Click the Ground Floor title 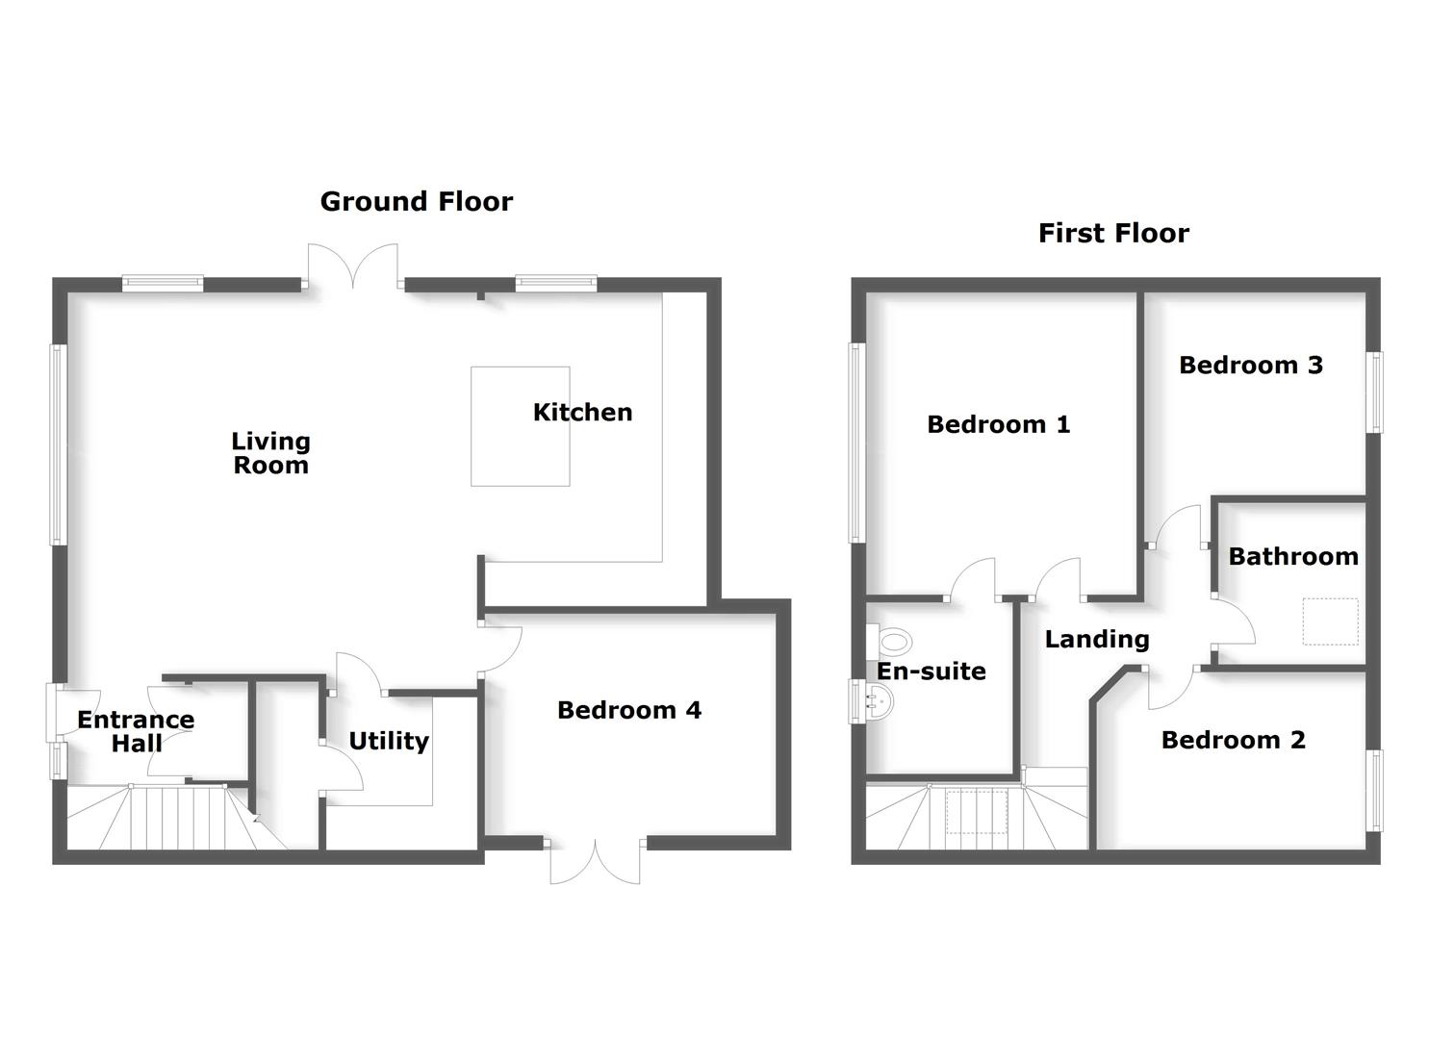(x=416, y=201)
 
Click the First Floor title (x=1113, y=233)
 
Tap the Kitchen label (x=582, y=412)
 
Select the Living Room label (x=270, y=453)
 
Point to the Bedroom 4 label (x=628, y=710)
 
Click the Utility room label (x=388, y=741)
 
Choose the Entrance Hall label (x=136, y=731)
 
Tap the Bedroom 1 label (x=998, y=424)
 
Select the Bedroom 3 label (x=1250, y=365)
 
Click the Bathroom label (x=1292, y=556)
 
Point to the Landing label (x=1097, y=639)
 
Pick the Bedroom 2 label (x=1233, y=740)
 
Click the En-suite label (x=931, y=672)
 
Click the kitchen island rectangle (x=520, y=426)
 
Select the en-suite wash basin (x=876, y=701)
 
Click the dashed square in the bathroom (x=1330, y=621)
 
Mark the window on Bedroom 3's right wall (x=1375, y=393)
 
